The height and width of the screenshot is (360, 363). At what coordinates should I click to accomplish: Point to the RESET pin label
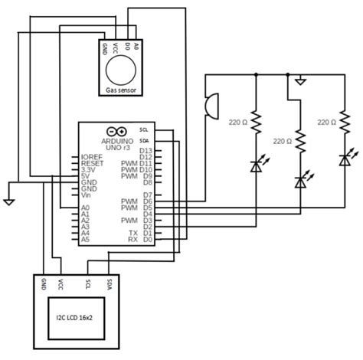coord(92,164)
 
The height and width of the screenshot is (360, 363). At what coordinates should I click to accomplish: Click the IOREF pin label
coord(92,157)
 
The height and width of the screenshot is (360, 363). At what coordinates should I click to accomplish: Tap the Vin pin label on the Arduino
coord(87,195)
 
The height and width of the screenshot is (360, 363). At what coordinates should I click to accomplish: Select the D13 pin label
coord(147,151)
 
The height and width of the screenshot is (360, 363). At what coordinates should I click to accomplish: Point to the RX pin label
coord(133,239)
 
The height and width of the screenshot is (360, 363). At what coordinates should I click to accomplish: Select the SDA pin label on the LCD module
coord(109,285)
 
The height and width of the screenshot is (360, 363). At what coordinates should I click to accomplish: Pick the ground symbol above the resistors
coord(304,79)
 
